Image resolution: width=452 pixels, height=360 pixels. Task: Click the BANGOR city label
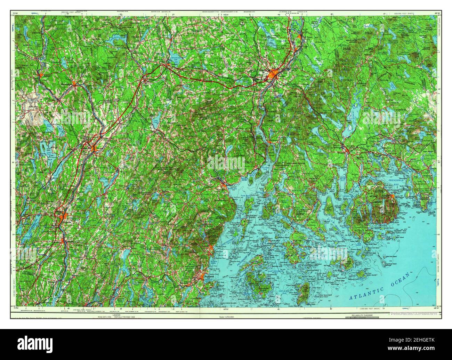tap(265, 70)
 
